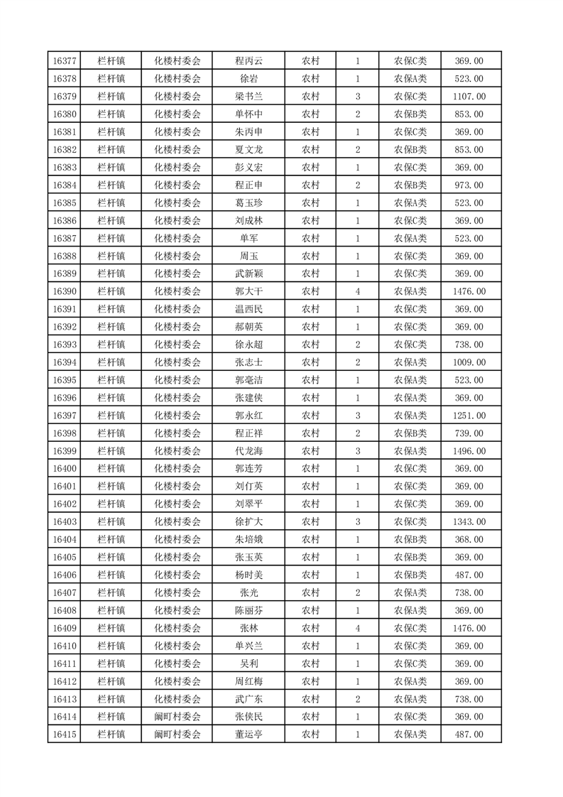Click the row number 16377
(x=65, y=61)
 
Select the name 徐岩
(x=248, y=79)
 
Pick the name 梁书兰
(x=248, y=97)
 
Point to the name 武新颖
(x=248, y=274)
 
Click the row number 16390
(x=65, y=291)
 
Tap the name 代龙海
(x=248, y=451)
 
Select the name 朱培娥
(x=248, y=540)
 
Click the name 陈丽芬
(x=248, y=610)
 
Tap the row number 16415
(x=65, y=734)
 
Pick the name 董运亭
(x=248, y=734)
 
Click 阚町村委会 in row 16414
(x=177, y=717)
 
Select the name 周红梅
(x=248, y=681)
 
